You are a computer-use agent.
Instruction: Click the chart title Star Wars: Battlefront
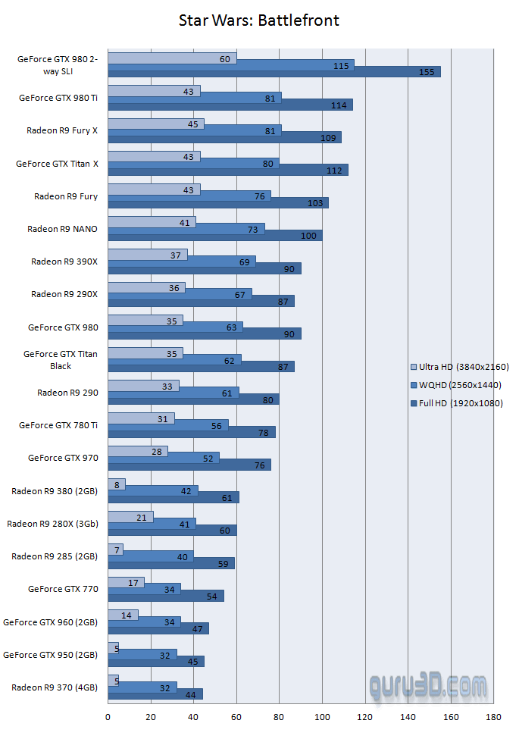[x=259, y=20]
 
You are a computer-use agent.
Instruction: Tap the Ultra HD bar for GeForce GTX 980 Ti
[x=154, y=91]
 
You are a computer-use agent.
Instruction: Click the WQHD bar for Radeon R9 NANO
[x=186, y=228]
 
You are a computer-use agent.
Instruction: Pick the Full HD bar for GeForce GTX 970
[x=189, y=465]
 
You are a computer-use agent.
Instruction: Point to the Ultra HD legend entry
[x=459, y=367]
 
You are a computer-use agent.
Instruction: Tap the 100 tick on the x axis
[x=323, y=717]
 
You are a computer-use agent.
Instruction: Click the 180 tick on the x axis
[x=494, y=717]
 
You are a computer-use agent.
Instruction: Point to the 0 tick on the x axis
[x=108, y=717]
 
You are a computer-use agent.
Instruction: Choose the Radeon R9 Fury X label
[x=62, y=130]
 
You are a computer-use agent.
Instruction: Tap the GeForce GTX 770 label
[x=63, y=588]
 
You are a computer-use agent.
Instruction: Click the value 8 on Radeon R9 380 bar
[x=116, y=484]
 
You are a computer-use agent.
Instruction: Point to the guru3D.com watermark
[x=429, y=687]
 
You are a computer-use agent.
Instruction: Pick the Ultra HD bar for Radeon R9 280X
[x=130, y=516]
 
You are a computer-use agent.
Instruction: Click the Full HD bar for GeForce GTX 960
[x=158, y=628]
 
